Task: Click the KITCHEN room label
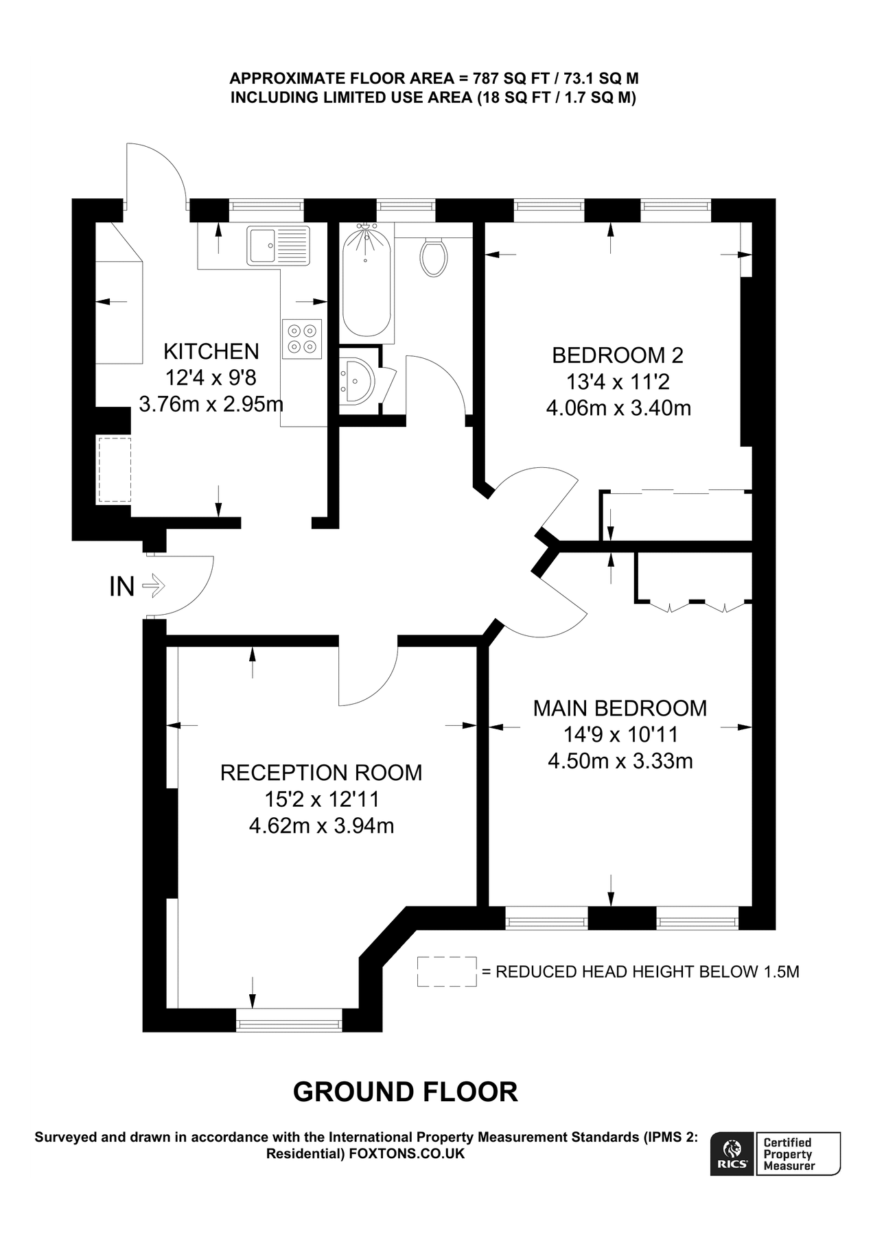pos(211,351)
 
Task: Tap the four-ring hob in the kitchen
pos(302,338)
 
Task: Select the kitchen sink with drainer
pos(278,245)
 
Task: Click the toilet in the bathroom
pos(433,257)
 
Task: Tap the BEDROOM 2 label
pos(618,355)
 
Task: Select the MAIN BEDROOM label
pos(620,708)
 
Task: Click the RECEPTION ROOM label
pos(321,773)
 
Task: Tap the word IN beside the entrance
pos(121,587)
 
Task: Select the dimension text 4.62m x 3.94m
pos(321,825)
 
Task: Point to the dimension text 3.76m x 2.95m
pos(211,403)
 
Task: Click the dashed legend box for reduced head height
pos(446,972)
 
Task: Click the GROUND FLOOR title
pos(405,1092)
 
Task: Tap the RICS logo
pos(732,1153)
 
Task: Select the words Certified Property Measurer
pos(789,1154)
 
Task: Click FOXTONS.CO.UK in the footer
pos(406,1153)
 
